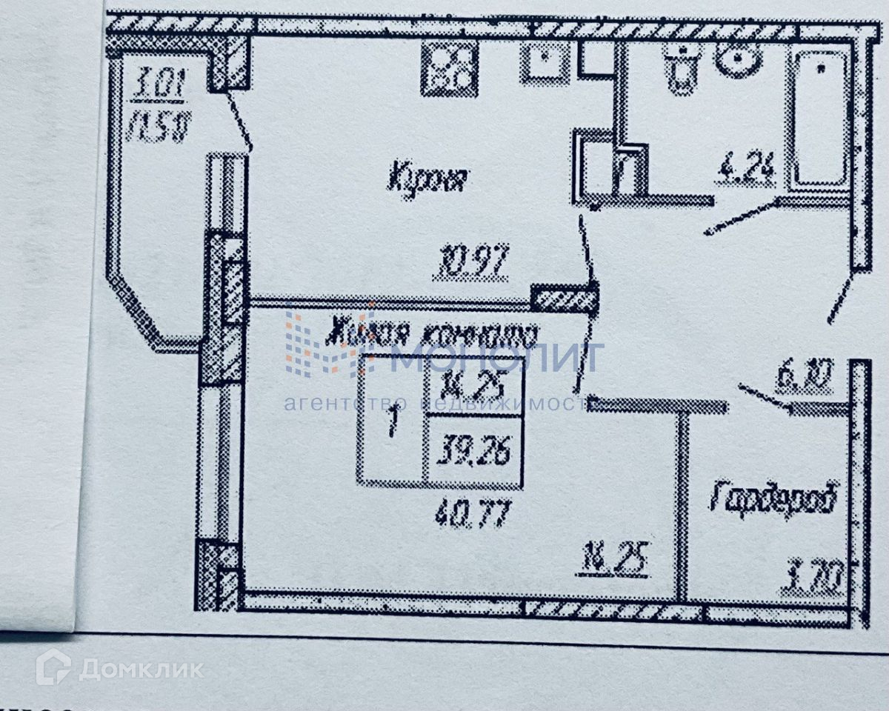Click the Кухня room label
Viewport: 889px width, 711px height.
(429, 178)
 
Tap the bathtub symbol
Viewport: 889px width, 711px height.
(820, 118)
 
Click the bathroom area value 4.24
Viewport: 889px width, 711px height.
(745, 171)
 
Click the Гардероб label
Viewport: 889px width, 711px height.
(774, 498)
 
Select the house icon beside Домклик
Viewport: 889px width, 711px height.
(53, 667)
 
